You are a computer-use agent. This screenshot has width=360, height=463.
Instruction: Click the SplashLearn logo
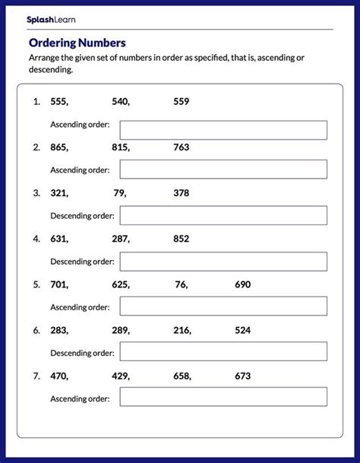pos(51,19)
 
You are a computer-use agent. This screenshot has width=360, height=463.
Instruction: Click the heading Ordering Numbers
pos(77,43)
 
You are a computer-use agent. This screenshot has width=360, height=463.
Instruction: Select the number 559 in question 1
pos(181,101)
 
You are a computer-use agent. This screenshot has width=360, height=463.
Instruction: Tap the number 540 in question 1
pos(118,101)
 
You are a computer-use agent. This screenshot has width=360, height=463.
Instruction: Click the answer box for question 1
pos(223,130)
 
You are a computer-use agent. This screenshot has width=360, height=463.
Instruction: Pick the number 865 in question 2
pos(58,147)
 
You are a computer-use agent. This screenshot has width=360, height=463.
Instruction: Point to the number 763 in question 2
pos(181,147)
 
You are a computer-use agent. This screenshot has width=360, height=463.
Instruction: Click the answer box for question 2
pos(223,169)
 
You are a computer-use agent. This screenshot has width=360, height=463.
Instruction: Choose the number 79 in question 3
pos(119,193)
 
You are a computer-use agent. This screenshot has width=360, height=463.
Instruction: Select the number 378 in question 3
pos(181,193)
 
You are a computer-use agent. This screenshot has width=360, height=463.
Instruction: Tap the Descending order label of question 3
pos(82,216)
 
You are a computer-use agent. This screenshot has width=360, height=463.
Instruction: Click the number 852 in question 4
pos(181,239)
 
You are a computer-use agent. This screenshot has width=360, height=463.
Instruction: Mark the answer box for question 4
pos(223,262)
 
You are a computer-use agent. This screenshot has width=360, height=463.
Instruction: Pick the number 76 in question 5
pos(180,285)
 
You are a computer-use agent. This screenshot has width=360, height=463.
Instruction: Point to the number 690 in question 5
pos(242,285)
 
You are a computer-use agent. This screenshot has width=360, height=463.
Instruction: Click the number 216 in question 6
pos(181,331)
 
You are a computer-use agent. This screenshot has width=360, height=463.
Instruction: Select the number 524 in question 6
pos(242,331)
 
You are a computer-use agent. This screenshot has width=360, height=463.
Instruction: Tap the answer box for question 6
pos(223,352)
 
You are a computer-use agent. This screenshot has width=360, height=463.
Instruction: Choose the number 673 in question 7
pos(242,376)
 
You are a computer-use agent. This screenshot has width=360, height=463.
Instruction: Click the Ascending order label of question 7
pos(80,398)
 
